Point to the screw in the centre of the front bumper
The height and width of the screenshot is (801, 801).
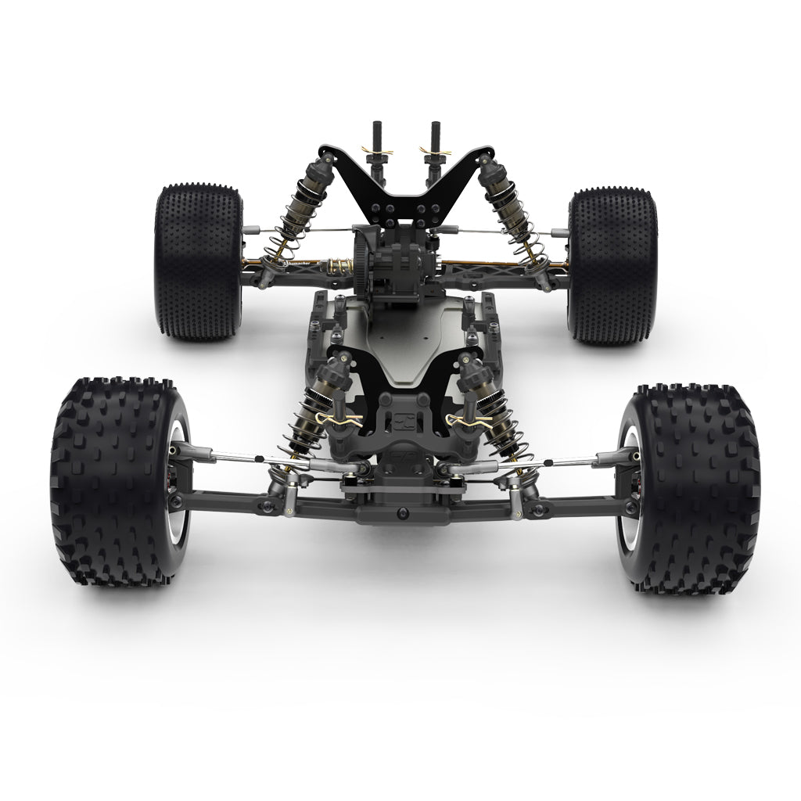pos(402,512)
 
